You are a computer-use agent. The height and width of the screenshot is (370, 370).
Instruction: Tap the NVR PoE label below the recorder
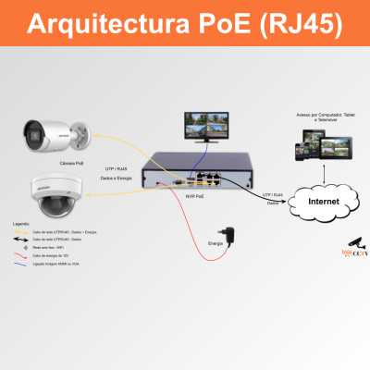point(195,197)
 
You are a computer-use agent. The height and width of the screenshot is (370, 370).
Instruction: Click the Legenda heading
point(20,224)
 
